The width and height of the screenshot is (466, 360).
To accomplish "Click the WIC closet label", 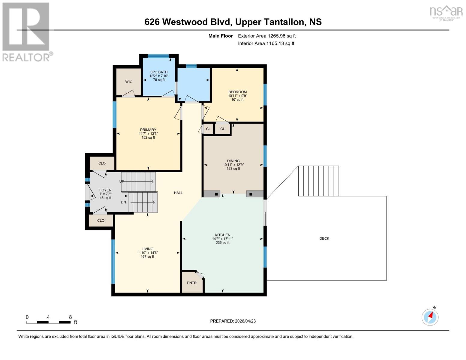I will point(129,82).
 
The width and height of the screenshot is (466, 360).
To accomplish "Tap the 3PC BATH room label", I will point(159,72).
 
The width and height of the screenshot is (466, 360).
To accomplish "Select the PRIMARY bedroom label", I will point(148,130).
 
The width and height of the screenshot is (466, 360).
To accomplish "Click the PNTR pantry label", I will point(192,283).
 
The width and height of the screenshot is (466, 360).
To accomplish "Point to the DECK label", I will point(324,238).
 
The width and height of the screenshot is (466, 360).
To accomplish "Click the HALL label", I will point(178,193).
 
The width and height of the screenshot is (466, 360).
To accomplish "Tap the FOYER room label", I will point(105,190).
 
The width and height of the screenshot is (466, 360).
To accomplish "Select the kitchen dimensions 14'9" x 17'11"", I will point(222,239).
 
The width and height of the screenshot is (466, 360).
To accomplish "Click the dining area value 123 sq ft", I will point(233,169).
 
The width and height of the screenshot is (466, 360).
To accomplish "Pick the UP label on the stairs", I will point(122,181).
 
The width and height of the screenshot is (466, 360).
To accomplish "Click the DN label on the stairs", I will point(123,202).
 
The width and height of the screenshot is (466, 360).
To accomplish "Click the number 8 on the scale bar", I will point(71,317).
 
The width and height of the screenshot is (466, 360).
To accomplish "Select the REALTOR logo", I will point(26,32).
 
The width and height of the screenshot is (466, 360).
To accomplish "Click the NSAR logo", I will point(446,12).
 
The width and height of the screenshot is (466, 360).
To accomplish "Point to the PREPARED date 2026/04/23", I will point(233,321).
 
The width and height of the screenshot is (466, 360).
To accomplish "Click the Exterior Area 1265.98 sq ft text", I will point(267,36).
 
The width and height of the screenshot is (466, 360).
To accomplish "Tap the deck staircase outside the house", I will point(318,181).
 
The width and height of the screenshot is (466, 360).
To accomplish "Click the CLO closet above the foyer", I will point(102,163).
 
